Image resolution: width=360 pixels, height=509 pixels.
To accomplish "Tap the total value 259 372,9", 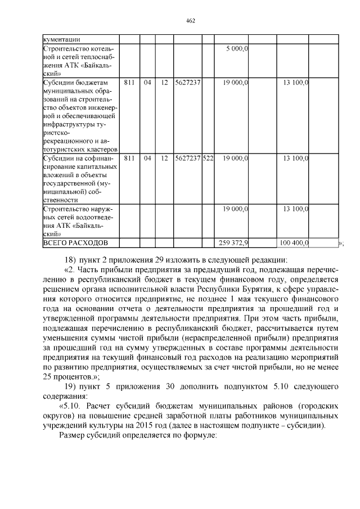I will (233, 243).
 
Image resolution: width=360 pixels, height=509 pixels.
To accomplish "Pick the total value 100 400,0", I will (294, 243).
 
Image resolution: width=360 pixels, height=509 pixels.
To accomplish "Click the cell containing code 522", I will (208, 159).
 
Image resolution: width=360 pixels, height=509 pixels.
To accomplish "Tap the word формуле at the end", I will (199, 436).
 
